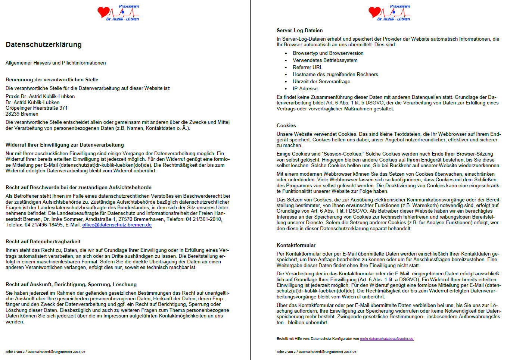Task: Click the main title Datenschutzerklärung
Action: tap(44, 45)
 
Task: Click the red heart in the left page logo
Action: tap(103, 12)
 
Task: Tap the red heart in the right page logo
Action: tap(374, 12)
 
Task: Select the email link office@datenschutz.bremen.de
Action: tap(117, 225)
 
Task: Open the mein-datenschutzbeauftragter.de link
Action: tap(386, 339)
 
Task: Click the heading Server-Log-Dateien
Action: tap(299, 31)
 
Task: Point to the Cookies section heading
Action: tap(286, 126)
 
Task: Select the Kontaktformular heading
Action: tap(296, 245)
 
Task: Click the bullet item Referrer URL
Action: tap(307, 68)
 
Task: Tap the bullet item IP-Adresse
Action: tap(305, 89)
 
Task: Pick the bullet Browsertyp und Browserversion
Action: tap(328, 53)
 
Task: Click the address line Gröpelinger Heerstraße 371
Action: tap(37, 108)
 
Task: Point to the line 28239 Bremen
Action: tap(22, 114)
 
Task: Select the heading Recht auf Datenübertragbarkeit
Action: tap(43, 242)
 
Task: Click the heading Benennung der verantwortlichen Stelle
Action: tap(52, 80)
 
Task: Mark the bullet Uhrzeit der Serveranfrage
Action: tap(321, 82)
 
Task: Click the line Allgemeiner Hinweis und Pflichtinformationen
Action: tap(56, 63)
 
